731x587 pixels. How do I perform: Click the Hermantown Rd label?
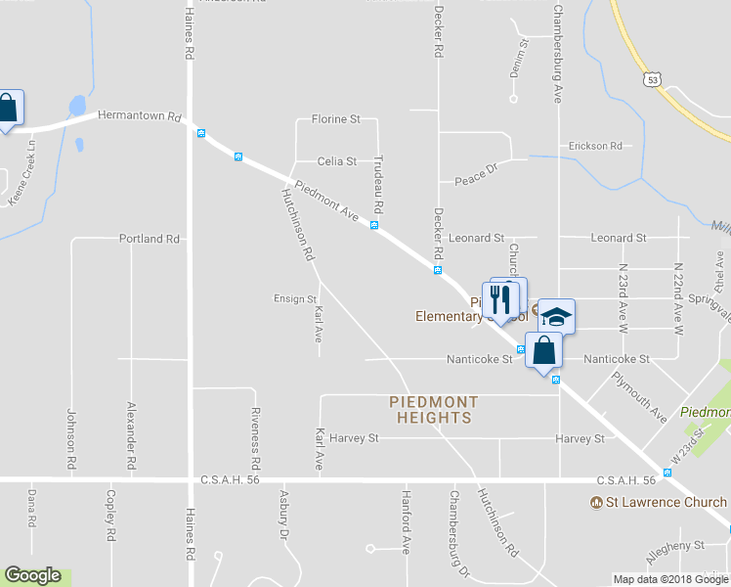coord(140,116)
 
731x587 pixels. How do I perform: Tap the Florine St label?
coord(335,119)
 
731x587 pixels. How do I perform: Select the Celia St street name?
coord(336,161)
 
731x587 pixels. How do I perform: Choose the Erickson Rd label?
coord(595,146)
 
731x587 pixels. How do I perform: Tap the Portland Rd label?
coord(150,239)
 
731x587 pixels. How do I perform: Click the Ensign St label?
coord(294,299)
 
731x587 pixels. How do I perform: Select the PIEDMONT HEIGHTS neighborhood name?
coord(434,410)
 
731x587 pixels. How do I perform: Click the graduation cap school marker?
coord(555,317)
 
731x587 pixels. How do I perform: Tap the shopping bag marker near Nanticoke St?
coord(543,350)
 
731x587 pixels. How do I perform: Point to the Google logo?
coord(32,576)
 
